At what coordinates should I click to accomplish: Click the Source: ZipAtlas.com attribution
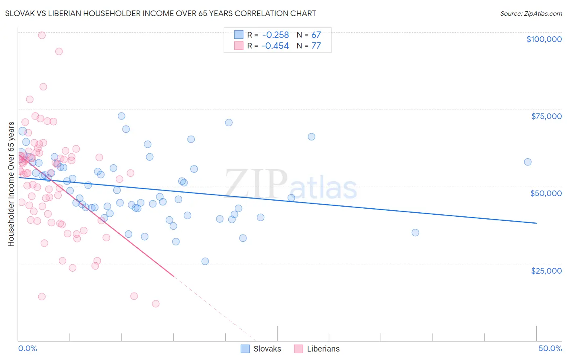[x=531, y=13]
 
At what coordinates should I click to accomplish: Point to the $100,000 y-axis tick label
[x=544, y=39]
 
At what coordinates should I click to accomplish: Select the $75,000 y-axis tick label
[x=546, y=116]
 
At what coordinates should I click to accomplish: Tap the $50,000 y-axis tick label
[x=546, y=193]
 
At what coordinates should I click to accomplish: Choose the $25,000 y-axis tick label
[x=546, y=270]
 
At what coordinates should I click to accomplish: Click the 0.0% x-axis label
[x=27, y=348]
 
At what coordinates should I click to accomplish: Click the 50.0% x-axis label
[x=550, y=348]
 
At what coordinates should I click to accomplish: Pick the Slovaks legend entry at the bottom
[x=261, y=349]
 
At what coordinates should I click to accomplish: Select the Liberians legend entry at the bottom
[x=317, y=349]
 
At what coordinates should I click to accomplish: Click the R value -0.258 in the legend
[x=275, y=35]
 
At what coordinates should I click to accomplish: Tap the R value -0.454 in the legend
[x=275, y=46]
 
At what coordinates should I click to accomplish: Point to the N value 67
[x=316, y=35]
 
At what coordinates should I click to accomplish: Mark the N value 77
[x=316, y=46]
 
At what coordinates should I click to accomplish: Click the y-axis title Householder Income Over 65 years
[x=11, y=184]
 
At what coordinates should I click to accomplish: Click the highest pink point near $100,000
[x=42, y=35]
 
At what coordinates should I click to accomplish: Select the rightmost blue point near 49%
[x=527, y=162]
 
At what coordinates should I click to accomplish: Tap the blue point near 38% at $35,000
[x=415, y=232]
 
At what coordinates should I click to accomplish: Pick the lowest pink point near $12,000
[x=156, y=303]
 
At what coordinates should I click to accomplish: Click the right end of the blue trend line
[x=536, y=223]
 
